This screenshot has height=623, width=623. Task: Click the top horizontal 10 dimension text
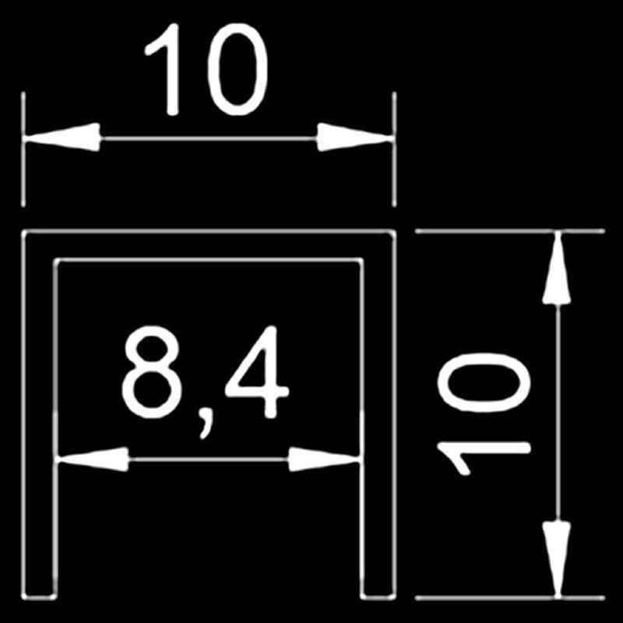pos(206,69)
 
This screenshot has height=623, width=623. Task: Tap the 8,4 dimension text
pos(205,382)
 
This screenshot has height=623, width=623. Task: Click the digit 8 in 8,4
pos(151,372)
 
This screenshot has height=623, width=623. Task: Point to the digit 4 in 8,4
pos(257,372)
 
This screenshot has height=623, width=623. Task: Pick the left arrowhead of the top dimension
pos(62,138)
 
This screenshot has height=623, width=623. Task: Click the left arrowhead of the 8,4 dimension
pos(93,459)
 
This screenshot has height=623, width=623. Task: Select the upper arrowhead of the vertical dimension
pos(557,268)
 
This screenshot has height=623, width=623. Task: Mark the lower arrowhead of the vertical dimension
pos(557,559)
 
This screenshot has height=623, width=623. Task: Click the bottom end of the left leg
pos(39,597)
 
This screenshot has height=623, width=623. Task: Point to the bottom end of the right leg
pos(378,597)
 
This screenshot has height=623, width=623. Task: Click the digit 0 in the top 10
pos(238,69)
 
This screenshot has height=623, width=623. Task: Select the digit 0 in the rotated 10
pos(483,382)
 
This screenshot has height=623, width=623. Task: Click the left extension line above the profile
pos(23,150)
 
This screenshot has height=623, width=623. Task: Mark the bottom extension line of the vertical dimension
pos(510,597)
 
